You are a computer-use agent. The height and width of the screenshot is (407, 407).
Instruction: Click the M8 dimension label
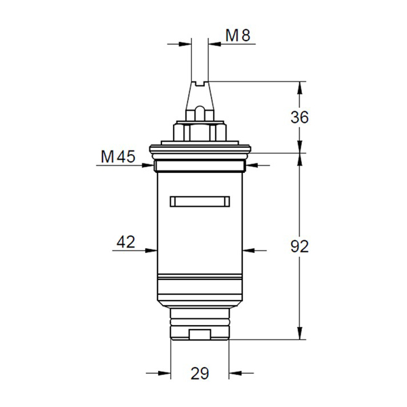[x=238, y=35]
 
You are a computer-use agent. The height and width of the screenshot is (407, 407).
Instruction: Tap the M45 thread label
[x=118, y=157]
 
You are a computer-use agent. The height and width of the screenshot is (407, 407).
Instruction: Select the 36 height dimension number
[x=299, y=117]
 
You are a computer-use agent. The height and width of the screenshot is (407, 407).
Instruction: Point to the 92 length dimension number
[x=300, y=246]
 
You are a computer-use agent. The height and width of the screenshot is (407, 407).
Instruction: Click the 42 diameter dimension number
[x=126, y=242]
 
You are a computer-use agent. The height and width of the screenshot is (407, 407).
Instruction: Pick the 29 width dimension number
[x=199, y=374]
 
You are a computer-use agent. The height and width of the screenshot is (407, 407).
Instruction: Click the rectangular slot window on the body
[x=200, y=201]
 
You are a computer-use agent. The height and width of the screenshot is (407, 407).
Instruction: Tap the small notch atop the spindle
[x=200, y=83]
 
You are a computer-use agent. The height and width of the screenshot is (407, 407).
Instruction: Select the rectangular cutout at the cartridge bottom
[x=199, y=334]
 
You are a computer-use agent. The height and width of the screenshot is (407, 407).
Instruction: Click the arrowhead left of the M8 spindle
[x=185, y=44]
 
